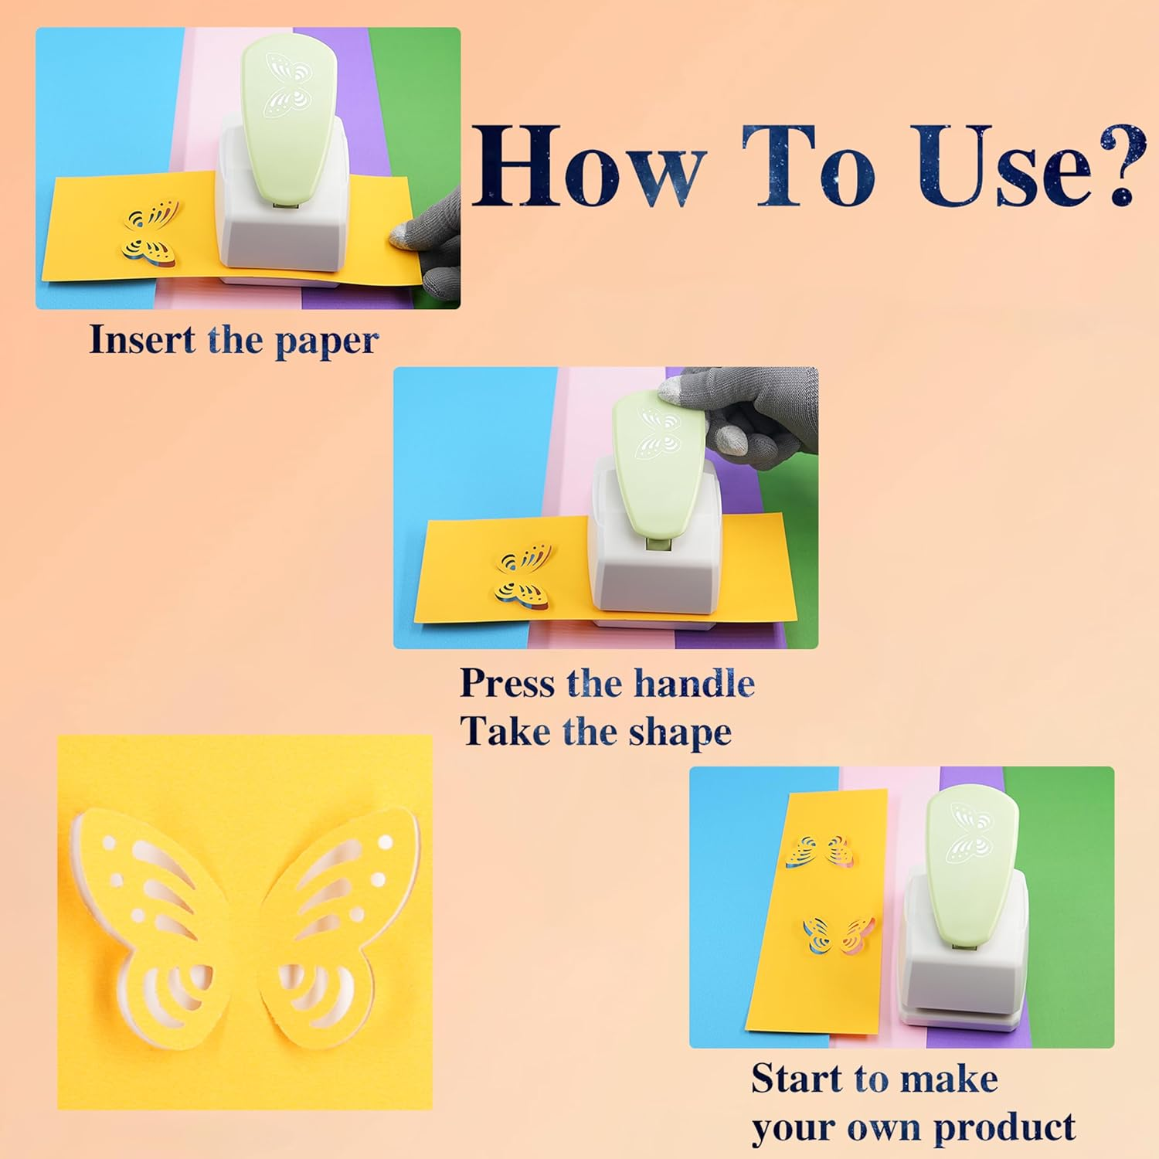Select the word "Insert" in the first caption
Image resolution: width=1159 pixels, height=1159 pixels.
141,340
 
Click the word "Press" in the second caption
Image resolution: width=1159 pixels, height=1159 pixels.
506,683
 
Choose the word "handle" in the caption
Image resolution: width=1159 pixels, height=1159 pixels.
694,683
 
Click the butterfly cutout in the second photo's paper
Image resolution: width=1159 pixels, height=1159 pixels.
524,576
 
